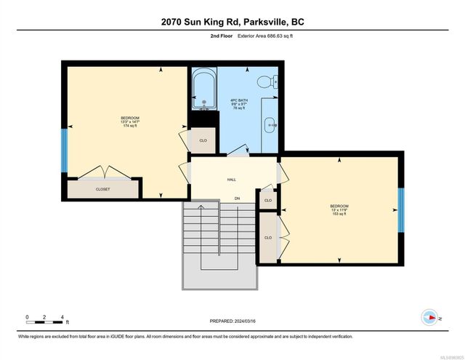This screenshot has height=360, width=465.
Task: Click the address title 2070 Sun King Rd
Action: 232,22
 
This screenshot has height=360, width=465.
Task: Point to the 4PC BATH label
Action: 239,102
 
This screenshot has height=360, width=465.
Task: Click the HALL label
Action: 232,180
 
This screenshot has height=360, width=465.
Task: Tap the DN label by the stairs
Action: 237,199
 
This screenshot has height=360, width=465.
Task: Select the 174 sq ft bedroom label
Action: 130,121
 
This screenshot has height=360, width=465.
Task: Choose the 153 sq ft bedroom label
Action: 339,209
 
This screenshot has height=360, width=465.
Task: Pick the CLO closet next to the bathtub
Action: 203,140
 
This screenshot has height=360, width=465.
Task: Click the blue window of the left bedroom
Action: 65,148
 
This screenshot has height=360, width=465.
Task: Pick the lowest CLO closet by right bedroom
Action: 268,237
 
